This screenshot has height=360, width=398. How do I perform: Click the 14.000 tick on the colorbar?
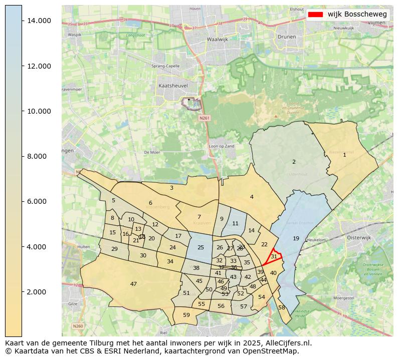[23, 21]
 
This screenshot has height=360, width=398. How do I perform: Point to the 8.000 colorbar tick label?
[39, 156]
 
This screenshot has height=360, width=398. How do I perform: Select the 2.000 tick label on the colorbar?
[39, 292]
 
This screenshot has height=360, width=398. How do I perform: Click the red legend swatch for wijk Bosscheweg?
[315, 14]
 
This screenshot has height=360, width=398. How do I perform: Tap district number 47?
[133, 284]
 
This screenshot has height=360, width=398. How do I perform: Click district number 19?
[296, 238]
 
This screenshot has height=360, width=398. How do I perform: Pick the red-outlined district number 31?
[274, 256]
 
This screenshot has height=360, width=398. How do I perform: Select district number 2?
[294, 162]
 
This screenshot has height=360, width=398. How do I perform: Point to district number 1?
[344, 155]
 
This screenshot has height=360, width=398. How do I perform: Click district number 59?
[186, 315]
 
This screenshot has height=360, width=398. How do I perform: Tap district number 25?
[201, 247]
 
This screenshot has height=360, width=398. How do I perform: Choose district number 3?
[171, 188]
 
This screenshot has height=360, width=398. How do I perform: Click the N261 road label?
[203, 118]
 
